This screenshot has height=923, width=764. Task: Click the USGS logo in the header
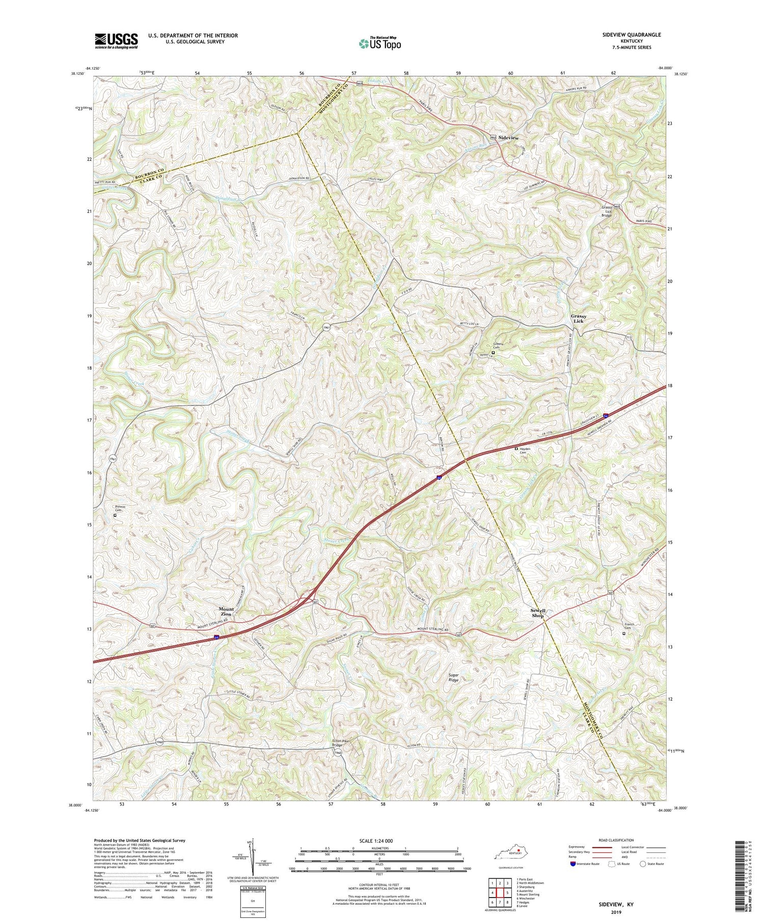click(116, 41)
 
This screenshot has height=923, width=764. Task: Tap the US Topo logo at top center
click(379, 44)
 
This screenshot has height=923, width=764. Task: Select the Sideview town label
click(508, 138)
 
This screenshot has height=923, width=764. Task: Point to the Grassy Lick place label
click(578, 319)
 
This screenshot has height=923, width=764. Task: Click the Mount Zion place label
click(226, 611)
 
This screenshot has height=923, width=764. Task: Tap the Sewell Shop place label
click(538, 613)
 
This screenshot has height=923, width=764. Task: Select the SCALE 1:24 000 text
click(379, 841)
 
